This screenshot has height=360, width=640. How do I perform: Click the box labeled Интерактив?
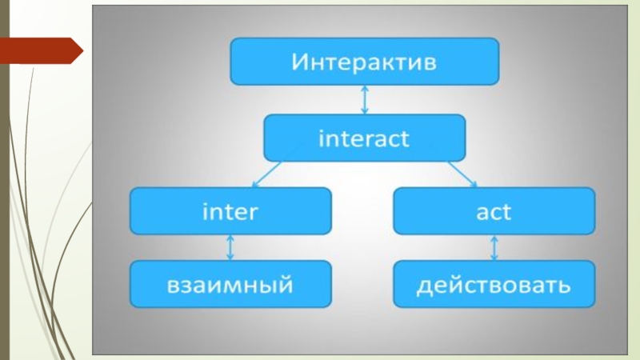click(364, 62)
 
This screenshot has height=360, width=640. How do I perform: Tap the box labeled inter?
click(230, 211)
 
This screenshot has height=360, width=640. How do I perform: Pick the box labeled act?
click(494, 211)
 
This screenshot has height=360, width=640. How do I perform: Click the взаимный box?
click(230, 284)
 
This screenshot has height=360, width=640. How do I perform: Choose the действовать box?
click(494, 284)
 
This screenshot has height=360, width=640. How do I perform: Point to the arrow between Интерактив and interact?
click(365, 100)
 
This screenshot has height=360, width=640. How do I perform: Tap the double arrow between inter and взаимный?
click(230, 247)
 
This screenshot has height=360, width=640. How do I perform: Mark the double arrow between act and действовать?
click(494, 247)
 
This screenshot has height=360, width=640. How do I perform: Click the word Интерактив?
click(364, 62)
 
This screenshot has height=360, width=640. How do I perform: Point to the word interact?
click(364, 138)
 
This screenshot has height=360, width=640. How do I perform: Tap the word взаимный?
click(230, 285)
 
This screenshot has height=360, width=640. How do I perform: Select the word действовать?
click(494, 285)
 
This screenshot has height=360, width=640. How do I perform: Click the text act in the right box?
click(494, 212)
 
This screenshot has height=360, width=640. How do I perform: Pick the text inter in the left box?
click(230, 212)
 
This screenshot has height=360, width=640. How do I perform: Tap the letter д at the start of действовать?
click(423, 286)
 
